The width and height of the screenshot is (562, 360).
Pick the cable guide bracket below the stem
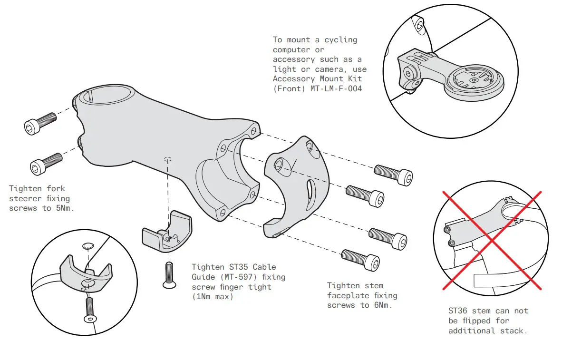point(167,232)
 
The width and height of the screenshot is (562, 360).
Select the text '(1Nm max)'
point(213,297)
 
